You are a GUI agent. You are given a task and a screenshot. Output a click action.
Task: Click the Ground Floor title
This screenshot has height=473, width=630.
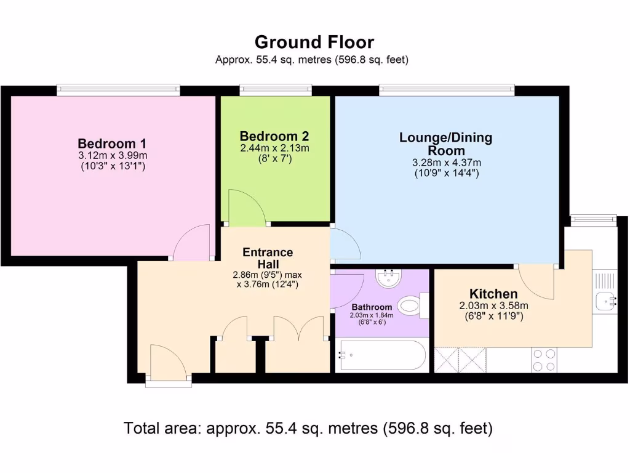314,42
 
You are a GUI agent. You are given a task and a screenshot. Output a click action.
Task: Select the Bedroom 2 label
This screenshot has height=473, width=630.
274,136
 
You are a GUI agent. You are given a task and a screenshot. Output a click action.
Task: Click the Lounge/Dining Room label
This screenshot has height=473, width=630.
446,144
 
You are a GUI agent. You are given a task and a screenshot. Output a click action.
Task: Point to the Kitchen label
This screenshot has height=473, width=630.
493,294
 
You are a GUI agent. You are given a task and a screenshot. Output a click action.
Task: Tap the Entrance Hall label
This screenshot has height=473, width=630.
268,258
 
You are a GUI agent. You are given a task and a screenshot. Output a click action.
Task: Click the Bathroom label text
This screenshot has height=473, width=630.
372,307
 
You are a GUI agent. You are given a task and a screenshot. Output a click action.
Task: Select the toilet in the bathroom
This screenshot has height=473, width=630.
412,305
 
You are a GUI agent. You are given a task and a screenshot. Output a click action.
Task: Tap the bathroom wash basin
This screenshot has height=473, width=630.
389,279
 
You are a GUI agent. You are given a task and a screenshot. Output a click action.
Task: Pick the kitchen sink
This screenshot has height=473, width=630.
604,301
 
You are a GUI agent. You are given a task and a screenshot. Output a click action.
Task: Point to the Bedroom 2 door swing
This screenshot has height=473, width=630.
246,208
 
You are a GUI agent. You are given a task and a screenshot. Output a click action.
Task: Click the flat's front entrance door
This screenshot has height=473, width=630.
168,363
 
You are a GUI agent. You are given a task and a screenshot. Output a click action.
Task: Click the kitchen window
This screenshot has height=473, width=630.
593,217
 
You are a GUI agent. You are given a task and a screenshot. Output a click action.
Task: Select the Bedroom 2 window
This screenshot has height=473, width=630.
276,91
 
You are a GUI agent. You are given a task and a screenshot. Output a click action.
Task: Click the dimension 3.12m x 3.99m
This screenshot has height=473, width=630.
113,155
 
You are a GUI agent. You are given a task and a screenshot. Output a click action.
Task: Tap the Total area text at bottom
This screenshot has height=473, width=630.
308,428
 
